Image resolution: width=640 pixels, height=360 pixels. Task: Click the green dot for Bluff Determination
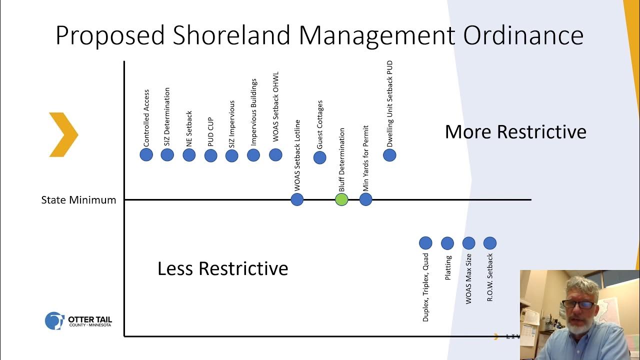341,200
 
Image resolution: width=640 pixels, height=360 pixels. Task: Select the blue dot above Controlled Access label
146,154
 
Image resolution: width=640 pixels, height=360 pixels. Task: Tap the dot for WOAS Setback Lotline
297,200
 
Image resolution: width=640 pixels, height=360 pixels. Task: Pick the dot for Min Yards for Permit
365,200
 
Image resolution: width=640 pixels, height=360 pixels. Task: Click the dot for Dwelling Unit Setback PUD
389,155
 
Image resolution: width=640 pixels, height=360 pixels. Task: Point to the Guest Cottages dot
319,157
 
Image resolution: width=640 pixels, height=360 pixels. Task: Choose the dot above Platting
447,243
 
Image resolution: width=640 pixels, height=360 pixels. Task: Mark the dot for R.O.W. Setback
490,243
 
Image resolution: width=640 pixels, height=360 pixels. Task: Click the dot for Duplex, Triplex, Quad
425,243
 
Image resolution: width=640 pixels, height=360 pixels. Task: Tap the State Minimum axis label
78,200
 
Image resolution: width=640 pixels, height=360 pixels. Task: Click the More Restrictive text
515,132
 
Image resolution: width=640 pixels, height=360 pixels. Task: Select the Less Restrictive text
223,268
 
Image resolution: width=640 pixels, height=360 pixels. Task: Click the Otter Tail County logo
78,320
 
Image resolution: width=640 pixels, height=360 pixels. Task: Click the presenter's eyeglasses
578,304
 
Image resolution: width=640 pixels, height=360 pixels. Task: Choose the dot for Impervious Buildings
253,155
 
